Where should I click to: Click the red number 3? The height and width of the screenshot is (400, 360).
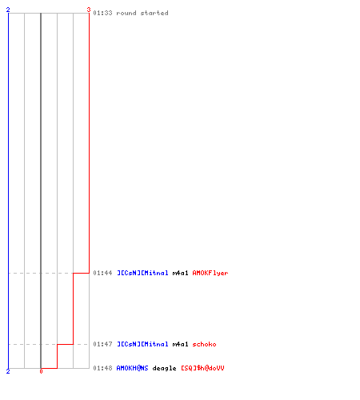(89, 10)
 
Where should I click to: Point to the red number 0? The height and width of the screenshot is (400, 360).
(41, 371)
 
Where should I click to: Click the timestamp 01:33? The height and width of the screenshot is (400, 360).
(102, 13)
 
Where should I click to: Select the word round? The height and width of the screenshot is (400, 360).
(126, 13)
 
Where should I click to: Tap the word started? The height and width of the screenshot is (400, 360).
(154, 13)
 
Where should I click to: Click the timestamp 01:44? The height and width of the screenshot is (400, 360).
(102, 273)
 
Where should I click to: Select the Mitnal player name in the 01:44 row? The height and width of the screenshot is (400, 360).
(142, 273)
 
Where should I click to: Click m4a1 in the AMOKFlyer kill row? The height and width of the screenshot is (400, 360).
(180, 273)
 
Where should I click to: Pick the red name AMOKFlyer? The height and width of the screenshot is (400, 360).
(210, 273)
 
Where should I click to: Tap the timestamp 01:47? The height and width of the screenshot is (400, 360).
(102, 344)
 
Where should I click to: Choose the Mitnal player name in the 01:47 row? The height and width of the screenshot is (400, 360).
(142, 344)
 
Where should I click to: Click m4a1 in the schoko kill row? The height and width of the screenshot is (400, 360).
(180, 344)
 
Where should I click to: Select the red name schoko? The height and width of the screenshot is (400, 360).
(204, 344)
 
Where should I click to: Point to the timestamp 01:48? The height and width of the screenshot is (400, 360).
(102, 368)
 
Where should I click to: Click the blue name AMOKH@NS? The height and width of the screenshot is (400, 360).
(132, 368)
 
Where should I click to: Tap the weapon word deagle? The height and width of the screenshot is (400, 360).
(164, 369)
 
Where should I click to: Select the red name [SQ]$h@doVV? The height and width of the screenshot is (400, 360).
(202, 368)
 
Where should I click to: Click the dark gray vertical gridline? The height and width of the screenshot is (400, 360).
(41, 190)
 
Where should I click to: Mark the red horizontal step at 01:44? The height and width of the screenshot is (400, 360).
(81, 273)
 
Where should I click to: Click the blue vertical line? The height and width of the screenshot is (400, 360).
(9, 190)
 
